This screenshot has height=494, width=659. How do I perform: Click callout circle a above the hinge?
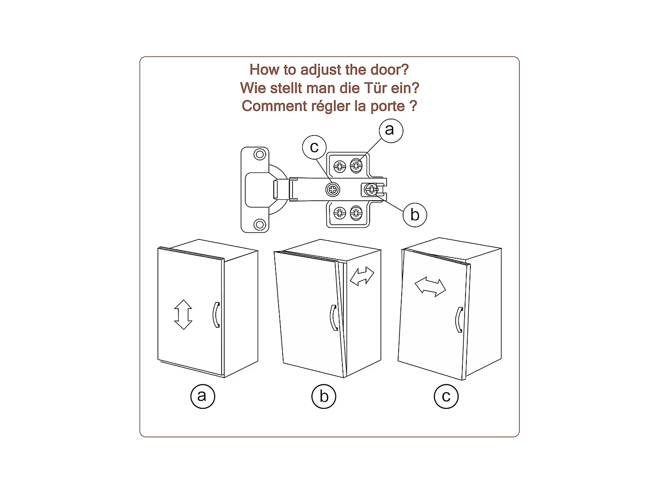(391, 131)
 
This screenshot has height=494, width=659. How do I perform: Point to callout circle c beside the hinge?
(314, 147)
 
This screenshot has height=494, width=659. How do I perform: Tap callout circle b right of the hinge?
(415, 215)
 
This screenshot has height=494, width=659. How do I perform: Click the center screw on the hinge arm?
(333, 189)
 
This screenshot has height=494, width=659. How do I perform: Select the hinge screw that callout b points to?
(371, 189)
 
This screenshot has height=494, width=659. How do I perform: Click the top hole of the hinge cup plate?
(259, 155)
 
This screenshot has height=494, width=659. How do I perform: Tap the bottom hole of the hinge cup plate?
(259, 224)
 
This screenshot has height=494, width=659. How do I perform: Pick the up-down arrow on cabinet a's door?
(183, 315)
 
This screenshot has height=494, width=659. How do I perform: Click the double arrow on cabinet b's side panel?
(362, 276)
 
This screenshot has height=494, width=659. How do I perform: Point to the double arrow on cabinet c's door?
(430, 287)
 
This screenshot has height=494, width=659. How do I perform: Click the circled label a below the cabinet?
(203, 396)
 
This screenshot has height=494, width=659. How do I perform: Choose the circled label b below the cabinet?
(324, 396)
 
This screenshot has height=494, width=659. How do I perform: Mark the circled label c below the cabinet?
(446, 396)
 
